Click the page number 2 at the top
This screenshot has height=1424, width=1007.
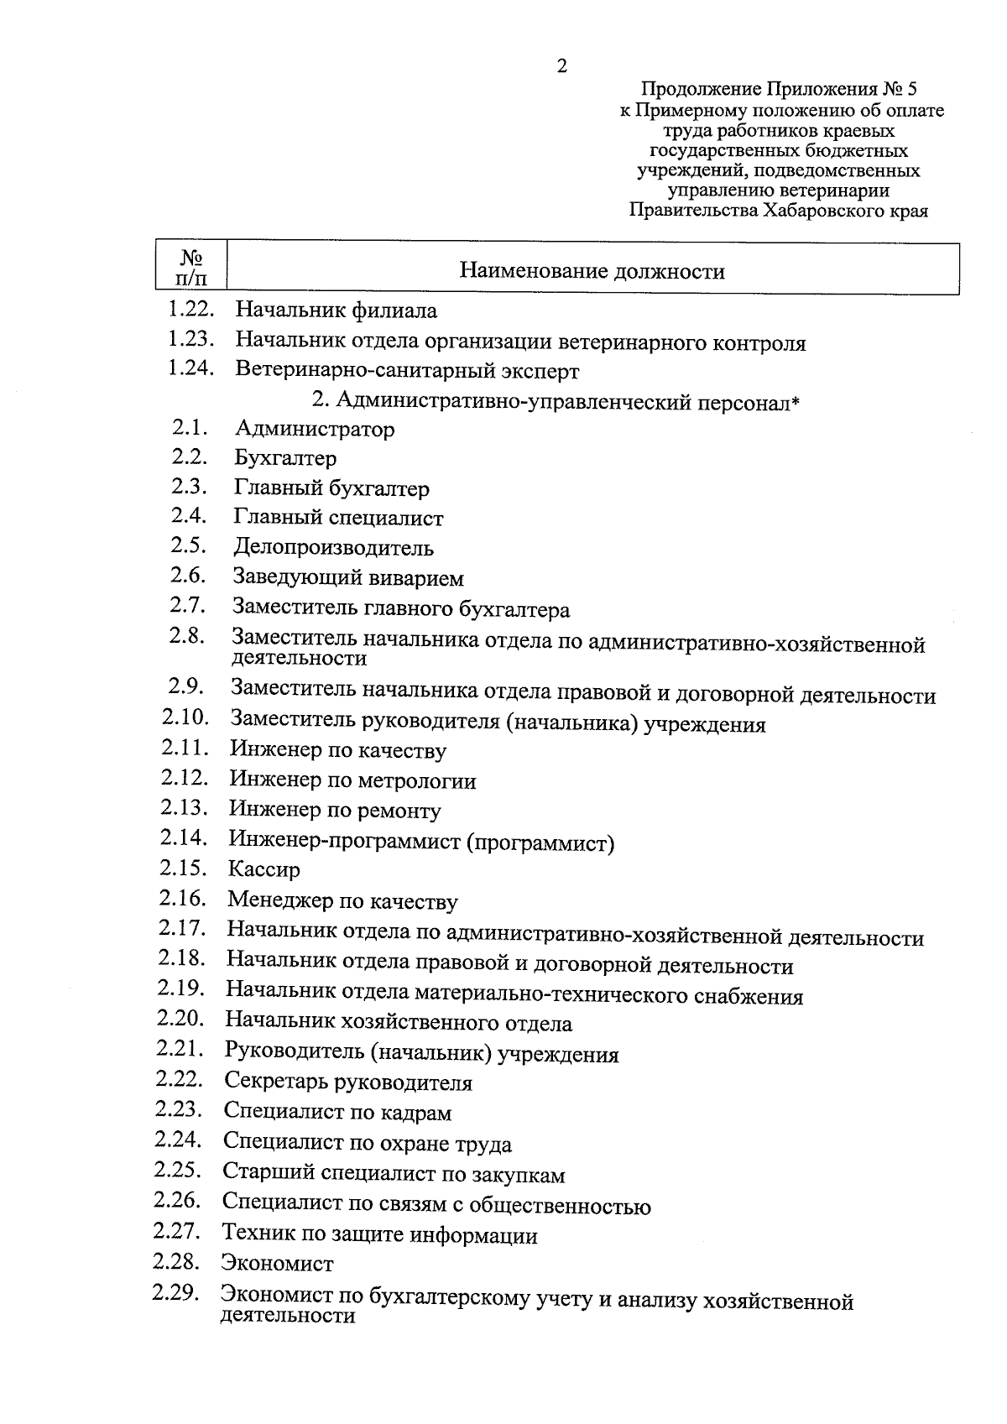click(x=561, y=66)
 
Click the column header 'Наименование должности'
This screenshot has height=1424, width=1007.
click(x=592, y=271)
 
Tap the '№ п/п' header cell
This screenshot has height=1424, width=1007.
click(x=191, y=268)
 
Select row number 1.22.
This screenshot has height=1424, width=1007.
click(x=191, y=310)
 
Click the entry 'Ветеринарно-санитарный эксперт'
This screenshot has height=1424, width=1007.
click(x=407, y=370)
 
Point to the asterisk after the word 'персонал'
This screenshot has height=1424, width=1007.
click(x=796, y=403)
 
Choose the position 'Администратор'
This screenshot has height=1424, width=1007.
click(x=315, y=430)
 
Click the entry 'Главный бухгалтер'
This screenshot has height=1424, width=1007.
click(x=331, y=488)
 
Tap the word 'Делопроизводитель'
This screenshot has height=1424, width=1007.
click(x=333, y=548)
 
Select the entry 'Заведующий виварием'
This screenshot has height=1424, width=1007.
click(x=348, y=578)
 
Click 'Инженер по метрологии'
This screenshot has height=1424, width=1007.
click(x=352, y=781)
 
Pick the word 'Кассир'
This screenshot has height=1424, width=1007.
click(x=263, y=869)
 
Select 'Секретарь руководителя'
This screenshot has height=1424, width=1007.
click(x=348, y=1082)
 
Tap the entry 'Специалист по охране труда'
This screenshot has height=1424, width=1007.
click(x=367, y=1144)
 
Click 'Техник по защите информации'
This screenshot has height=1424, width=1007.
click(x=379, y=1235)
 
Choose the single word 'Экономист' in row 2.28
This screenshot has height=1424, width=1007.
click(x=277, y=1264)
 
